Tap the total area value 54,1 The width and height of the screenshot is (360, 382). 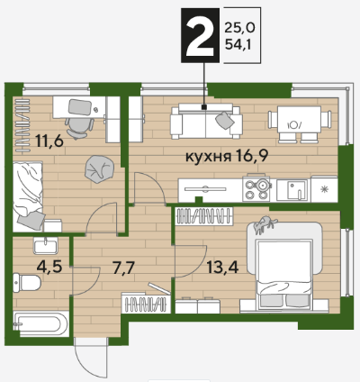(238, 45)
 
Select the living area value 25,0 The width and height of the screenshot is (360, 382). (239, 28)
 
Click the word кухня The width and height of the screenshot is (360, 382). (208, 157)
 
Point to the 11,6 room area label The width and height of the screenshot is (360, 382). (49, 141)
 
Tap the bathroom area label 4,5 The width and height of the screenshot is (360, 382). (49, 267)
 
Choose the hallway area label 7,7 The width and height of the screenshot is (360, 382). (123, 268)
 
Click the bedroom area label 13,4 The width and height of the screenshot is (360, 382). (222, 267)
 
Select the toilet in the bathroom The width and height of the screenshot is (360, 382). (27, 282)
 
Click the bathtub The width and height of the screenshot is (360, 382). (40, 323)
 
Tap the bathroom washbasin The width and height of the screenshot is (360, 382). (46, 246)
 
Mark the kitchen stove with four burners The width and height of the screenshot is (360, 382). (256, 188)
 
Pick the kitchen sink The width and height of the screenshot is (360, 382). (292, 190)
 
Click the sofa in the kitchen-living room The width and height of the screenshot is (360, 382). (206, 122)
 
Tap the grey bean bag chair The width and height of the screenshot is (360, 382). (99, 169)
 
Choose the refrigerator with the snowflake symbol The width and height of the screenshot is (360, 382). (324, 189)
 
